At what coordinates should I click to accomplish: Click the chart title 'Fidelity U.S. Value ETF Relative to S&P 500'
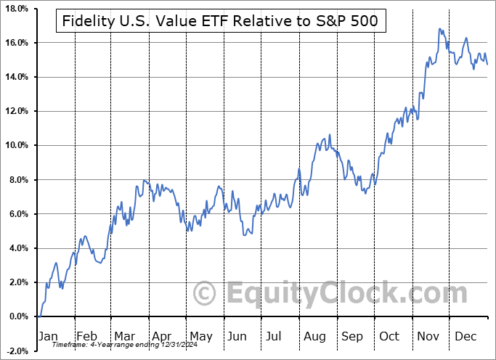click(x=221, y=22)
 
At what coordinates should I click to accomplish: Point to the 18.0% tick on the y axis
click(x=17, y=9)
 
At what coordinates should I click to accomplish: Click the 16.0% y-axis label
click(x=17, y=43)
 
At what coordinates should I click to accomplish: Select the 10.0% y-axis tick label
click(x=17, y=145)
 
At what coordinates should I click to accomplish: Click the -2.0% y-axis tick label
click(x=17, y=351)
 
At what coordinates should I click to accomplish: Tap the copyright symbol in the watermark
click(x=206, y=294)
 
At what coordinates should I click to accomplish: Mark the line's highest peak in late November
click(x=439, y=29)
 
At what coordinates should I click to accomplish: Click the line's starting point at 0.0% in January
click(x=39, y=316)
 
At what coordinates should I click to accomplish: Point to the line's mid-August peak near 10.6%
click(x=330, y=135)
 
